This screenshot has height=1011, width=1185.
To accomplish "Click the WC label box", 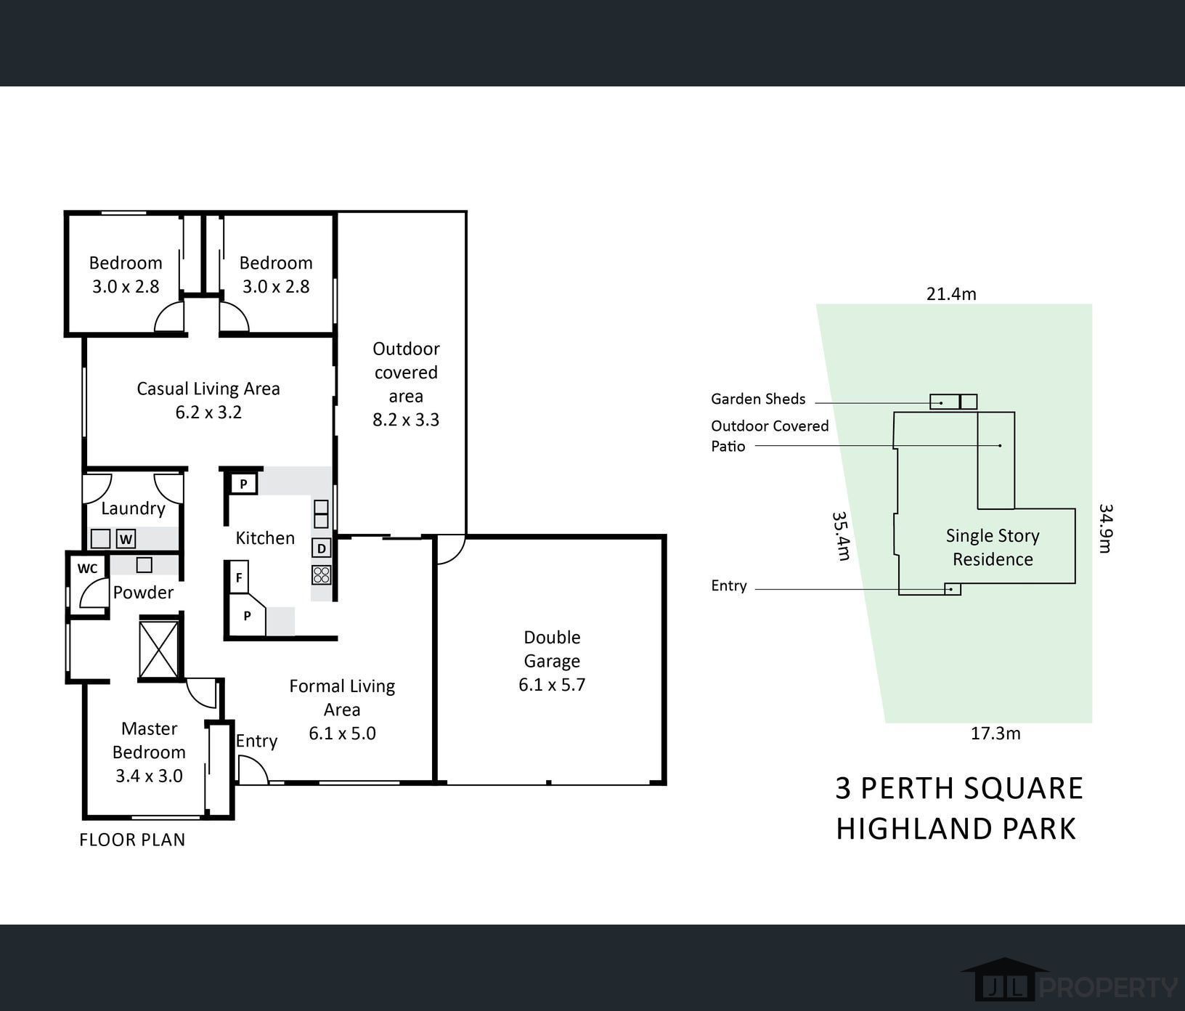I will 87,568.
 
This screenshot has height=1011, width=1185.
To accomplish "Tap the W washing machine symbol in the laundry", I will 126,539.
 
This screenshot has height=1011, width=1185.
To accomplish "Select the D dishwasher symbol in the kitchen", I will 321,548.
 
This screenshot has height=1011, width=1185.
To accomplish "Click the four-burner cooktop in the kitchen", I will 322,575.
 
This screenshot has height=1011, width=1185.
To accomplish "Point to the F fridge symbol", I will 238,578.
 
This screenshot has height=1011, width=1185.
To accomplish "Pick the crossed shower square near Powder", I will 158,649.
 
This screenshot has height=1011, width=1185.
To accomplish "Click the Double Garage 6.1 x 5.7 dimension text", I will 552,685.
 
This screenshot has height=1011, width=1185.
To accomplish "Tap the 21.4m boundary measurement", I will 951,294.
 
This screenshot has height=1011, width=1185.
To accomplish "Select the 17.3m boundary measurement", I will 995,734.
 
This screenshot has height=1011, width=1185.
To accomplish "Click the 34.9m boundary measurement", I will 1105,528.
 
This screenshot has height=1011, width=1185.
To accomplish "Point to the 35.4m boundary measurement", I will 841,536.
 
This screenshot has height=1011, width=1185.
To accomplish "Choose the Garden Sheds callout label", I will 758,399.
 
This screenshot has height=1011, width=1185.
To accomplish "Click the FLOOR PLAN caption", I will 132,840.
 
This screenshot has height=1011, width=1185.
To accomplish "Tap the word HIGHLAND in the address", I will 913,829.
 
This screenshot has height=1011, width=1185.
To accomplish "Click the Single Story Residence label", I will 993,548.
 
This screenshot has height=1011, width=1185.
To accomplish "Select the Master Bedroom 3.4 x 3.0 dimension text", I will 149,776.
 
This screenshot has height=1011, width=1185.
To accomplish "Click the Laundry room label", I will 133,508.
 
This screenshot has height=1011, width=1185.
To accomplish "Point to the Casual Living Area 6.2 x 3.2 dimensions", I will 208,413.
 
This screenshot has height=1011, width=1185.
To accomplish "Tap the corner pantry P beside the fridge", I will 247,616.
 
